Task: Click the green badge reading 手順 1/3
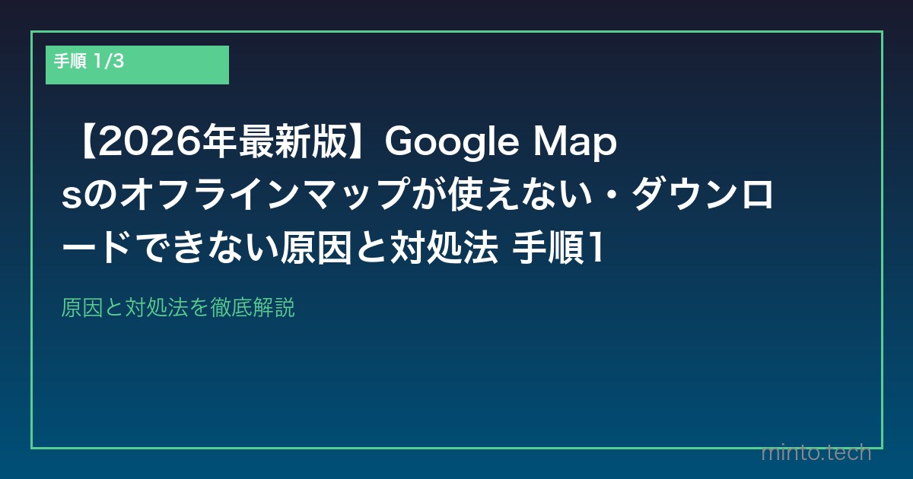coord(137,65)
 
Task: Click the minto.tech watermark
coord(816,453)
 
